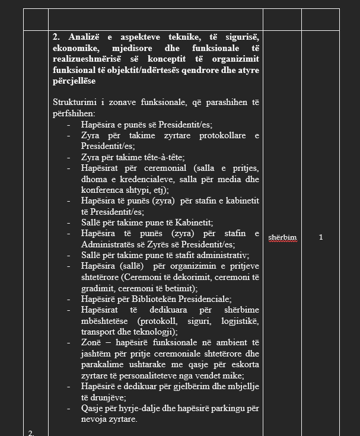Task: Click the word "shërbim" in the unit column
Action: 282,237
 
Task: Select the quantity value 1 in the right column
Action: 320,237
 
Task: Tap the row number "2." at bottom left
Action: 31,432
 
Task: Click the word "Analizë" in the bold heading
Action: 84,37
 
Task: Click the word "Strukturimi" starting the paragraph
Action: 74,103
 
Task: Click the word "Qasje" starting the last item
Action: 93,408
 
